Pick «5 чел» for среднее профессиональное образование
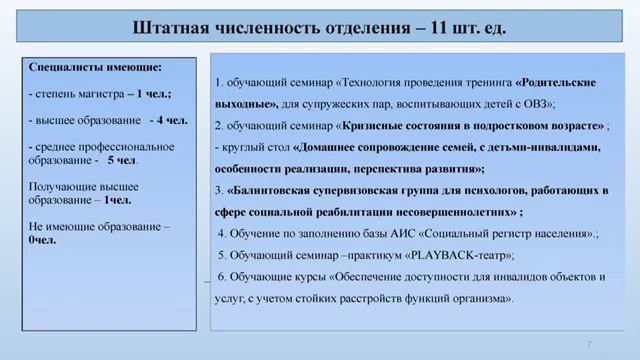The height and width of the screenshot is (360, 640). click(123, 160)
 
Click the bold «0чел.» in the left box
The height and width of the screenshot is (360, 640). click(43, 240)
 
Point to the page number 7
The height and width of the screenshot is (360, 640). click(590, 343)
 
